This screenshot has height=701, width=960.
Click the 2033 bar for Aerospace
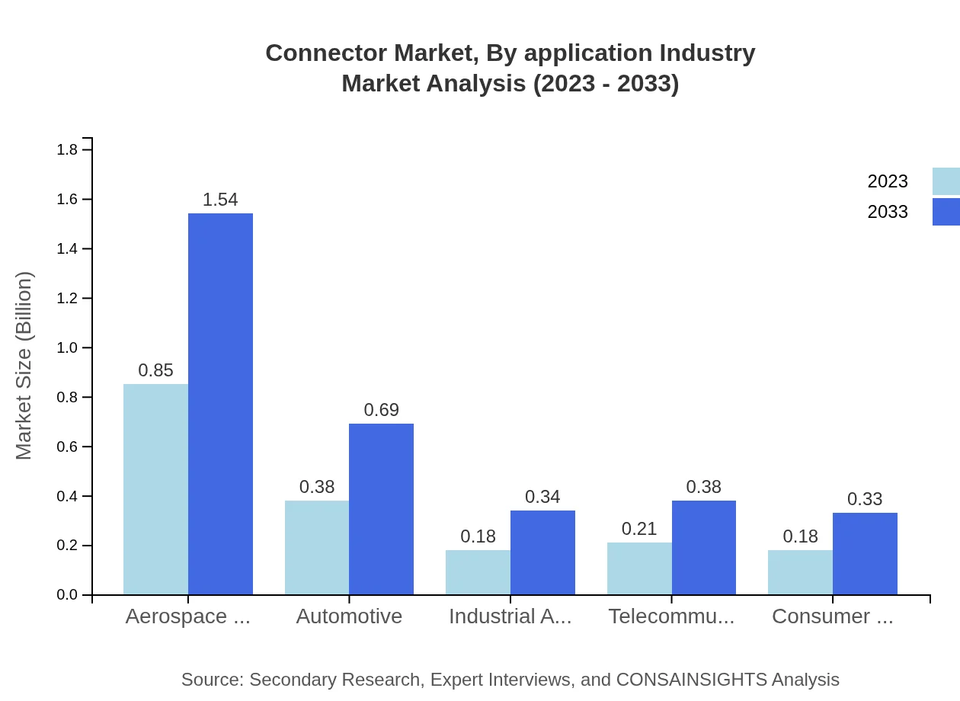pyautogui.click(x=220, y=404)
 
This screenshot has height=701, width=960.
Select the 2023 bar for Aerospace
pyautogui.click(x=155, y=489)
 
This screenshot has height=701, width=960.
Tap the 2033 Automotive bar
pyautogui.click(x=381, y=509)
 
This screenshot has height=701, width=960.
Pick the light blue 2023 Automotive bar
pyautogui.click(x=317, y=547)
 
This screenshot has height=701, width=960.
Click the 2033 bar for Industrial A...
pyautogui.click(x=542, y=552)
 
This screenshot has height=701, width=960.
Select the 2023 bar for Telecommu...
pyautogui.click(x=639, y=568)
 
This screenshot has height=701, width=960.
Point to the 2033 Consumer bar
pyautogui.click(x=865, y=553)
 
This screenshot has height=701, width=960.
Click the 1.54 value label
pyautogui.click(x=220, y=200)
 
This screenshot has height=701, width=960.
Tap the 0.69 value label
pyautogui.click(x=381, y=410)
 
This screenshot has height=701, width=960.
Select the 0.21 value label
pyautogui.click(x=639, y=529)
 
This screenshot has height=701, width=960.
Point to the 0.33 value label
pyautogui.click(x=865, y=499)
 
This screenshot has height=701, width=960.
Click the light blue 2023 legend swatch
pyautogui.click(x=946, y=181)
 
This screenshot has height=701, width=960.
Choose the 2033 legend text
pyautogui.click(x=888, y=212)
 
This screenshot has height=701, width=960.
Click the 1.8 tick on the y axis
pyautogui.click(x=67, y=149)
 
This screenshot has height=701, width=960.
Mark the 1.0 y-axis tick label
pyautogui.click(x=67, y=347)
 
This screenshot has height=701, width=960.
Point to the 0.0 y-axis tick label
pyautogui.click(x=67, y=595)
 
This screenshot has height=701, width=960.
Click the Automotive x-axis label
pyautogui.click(x=349, y=616)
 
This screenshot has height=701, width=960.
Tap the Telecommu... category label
pyautogui.click(x=671, y=616)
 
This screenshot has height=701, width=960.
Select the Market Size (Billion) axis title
pyautogui.click(x=24, y=366)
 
